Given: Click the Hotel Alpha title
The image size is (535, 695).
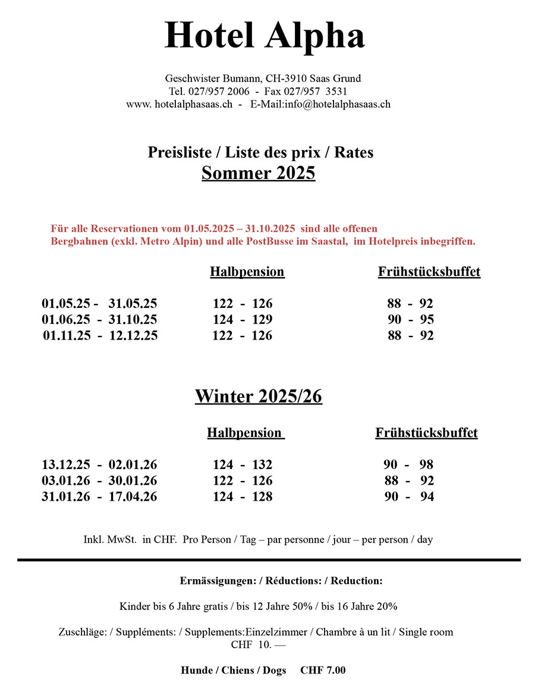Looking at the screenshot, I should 265,36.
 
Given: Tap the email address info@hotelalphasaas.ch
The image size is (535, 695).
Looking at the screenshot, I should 337,104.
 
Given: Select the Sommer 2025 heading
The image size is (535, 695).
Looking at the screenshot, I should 258,173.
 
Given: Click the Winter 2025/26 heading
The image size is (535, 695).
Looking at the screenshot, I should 258,396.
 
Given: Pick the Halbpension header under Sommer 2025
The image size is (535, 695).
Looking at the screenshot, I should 247,272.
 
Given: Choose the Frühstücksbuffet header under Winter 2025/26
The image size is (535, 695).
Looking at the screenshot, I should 426,433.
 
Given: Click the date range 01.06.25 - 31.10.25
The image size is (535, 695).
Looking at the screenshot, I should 99,319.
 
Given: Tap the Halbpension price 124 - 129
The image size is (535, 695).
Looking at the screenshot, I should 243,319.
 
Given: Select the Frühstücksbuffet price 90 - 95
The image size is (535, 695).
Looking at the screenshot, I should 411,319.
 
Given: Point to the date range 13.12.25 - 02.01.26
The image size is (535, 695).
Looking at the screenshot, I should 99,464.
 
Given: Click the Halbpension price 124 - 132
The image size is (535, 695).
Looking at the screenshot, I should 243,464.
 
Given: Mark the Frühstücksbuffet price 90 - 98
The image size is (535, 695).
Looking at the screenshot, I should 409,464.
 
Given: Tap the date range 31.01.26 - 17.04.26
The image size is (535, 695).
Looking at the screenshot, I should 99,496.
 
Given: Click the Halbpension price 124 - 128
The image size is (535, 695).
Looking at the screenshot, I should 243,496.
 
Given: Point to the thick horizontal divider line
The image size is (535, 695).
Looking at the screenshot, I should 269,559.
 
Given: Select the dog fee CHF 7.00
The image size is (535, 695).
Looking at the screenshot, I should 323,670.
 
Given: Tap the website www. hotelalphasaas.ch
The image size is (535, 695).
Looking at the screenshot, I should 179,104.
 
